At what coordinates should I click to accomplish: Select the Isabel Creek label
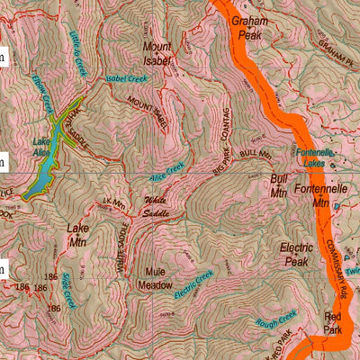[126, 79]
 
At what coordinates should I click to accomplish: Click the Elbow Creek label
[40, 90]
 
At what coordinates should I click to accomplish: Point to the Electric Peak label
[296, 254]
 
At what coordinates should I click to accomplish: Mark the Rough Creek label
[275, 318]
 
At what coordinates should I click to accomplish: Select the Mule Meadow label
[154, 278]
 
